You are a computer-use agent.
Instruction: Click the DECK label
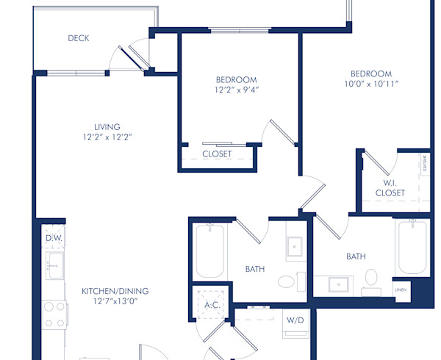click(x=78, y=38)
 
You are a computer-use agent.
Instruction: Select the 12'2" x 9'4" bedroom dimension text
click(x=236, y=90)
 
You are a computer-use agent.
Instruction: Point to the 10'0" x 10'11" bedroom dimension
click(x=370, y=84)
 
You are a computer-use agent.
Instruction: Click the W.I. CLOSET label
click(x=390, y=187)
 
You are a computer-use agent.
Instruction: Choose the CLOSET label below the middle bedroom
click(x=217, y=154)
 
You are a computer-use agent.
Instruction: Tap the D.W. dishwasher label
click(x=54, y=239)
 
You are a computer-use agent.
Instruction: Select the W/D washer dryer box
click(x=295, y=320)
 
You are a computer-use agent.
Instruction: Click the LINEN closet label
click(x=401, y=290)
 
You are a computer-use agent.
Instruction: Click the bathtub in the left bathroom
click(x=209, y=251)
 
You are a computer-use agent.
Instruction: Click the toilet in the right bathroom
click(x=371, y=279)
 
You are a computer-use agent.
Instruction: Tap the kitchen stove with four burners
click(x=54, y=314)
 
